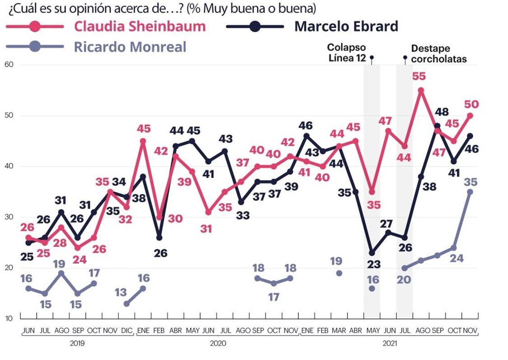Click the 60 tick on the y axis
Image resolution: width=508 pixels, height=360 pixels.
[x=9, y=65]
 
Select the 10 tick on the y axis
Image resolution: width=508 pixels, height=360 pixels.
[x=9, y=318]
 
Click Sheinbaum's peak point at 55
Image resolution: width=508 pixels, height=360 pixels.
[x=421, y=90]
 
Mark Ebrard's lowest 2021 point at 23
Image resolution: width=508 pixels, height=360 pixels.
[x=372, y=253]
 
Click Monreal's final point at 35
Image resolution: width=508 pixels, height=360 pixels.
[x=470, y=192]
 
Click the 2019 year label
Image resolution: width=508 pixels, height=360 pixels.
[x=78, y=344]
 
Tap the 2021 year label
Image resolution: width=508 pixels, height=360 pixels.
[x=389, y=344]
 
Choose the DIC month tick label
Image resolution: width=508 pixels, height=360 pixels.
[x=127, y=331]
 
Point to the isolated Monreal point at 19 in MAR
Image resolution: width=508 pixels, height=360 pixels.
[x=339, y=273]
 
